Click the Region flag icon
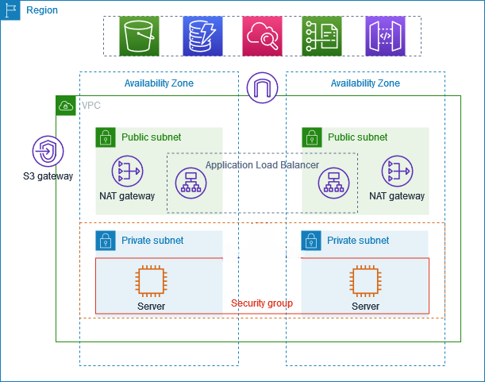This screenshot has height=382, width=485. (10, 10)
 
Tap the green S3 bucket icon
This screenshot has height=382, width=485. (140, 37)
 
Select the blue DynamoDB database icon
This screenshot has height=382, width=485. (202, 37)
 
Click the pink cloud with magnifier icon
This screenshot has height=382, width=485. (263, 37)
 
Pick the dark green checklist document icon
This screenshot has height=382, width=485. (321, 37)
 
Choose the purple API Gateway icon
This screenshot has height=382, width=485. (385, 37)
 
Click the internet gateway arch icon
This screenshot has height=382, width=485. (262, 88)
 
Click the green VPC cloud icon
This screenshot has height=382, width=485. (66, 105)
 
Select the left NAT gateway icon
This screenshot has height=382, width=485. (127, 171)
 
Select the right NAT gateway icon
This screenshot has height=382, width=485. (396, 171)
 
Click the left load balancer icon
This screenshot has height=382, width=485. (191, 183)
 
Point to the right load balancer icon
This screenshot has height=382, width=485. (334, 183)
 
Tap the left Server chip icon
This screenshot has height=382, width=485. (151, 281)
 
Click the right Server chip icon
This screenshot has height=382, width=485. (365, 281)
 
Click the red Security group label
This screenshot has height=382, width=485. (261, 303)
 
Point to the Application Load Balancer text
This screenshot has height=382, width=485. (262, 165)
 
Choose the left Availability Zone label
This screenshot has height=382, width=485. (159, 83)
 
